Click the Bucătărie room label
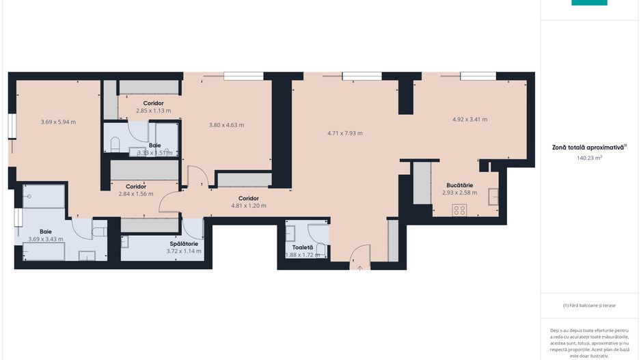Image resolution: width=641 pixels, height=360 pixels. pyautogui.click(x=459, y=185)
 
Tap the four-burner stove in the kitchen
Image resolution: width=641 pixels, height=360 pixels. pyautogui.click(x=459, y=210)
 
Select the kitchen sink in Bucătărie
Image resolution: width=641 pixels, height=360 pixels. pyautogui.click(x=493, y=196)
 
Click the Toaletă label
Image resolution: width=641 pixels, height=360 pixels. pyautogui.click(x=302, y=247)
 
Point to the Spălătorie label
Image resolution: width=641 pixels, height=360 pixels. pyautogui.click(x=184, y=243)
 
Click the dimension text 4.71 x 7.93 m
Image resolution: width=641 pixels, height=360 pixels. pyautogui.click(x=345, y=133)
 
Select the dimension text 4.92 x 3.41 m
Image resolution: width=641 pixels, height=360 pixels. pyautogui.click(x=469, y=120)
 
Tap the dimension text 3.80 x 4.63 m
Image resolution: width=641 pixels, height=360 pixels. pyautogui.click(x=226, y=125)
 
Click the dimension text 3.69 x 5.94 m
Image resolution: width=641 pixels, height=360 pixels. pyautogui.click(x=58, y=122)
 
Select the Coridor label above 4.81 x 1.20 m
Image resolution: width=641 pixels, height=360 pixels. pyautogui.click(x=248, y=198)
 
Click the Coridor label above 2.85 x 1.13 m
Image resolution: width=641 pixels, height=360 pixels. pyautogui.click(x=153, y=103)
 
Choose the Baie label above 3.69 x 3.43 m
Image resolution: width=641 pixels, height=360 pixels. pyautogui.click(x=46, y=232)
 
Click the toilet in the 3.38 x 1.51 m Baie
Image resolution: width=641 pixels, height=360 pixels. pyautogui.click(x=115, y=145)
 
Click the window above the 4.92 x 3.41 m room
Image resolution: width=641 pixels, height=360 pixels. pyautogui.click(x=478, y=76)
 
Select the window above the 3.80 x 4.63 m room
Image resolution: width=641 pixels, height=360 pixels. pyautogui.click(x=243, y=76)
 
